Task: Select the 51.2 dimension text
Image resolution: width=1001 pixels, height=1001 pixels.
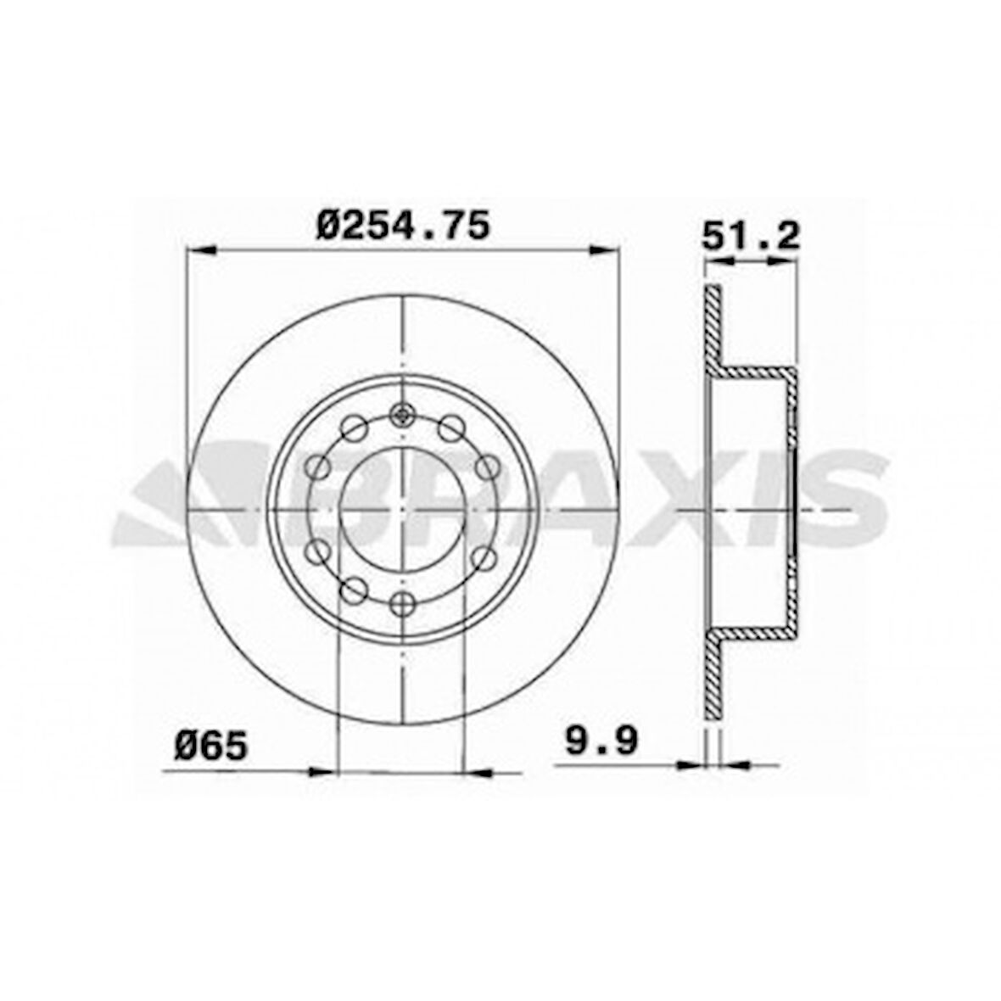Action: pos(751,235)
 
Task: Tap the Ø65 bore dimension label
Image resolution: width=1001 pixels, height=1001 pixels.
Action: pos(211,746)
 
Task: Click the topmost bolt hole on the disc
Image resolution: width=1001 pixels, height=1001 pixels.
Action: pos(403,414)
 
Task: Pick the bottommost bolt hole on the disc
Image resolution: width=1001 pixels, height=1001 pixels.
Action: pos(403,603)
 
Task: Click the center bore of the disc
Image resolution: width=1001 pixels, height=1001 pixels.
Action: pos(403,509)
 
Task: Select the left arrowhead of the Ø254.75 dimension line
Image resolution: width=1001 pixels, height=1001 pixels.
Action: pos(199,250)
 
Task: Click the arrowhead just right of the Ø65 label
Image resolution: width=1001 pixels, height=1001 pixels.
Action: pos(322,771)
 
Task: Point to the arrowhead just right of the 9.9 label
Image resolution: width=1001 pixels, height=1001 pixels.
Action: pos(691,764)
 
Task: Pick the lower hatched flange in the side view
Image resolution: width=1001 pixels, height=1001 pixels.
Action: pos(713,683)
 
